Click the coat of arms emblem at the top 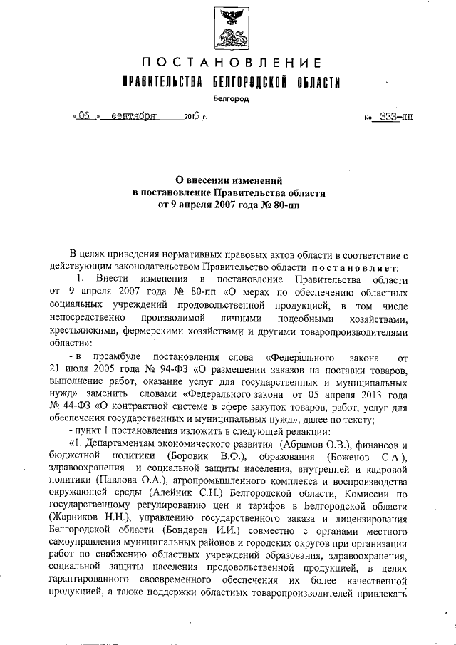pyautogui.click(x=227, y=26)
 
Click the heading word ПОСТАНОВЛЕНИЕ pyautogui.click(x=227, y=63)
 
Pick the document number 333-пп pyautogui.click(x=396, y=115)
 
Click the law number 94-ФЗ pyautogui.click(x=169, y=371)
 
